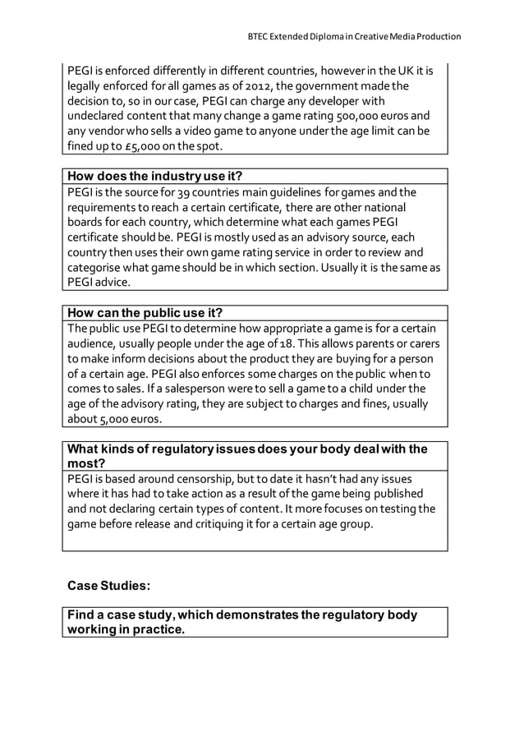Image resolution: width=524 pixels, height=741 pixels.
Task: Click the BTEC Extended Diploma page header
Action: pos(354,36)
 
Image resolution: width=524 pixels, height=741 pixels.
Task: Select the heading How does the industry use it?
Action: pos(154,177)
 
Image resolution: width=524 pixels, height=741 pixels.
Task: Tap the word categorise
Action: pos(96,268)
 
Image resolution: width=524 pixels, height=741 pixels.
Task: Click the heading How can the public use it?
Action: pos(145,313)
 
